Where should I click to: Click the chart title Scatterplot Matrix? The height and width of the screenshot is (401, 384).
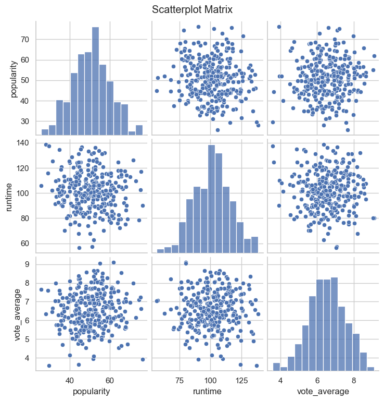192,9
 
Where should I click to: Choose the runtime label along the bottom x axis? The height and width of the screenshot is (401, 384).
208,391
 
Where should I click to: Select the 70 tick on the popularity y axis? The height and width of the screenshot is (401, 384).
27,40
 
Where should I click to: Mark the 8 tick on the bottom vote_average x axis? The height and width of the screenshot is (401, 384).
354,379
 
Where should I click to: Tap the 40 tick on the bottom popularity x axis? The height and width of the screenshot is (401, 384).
70,379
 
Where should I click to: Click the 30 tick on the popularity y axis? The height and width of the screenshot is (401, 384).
27,121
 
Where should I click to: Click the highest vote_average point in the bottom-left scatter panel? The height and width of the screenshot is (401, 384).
113,262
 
